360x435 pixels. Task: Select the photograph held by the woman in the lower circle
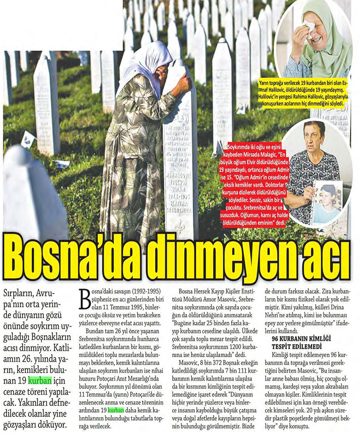click(327, 201)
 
